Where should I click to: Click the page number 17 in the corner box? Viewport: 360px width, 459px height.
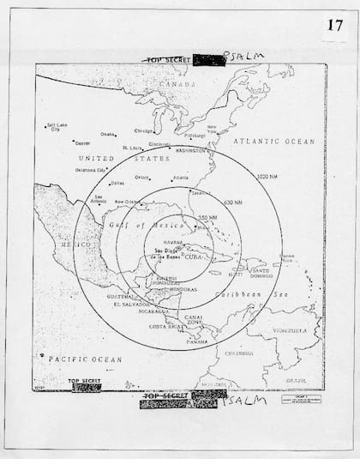tap(333, 24)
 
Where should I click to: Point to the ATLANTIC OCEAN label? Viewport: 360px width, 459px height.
tap(275, 141)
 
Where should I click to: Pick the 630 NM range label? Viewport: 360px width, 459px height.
tap(233, 202)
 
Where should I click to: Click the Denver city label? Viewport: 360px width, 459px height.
tap(82, 142)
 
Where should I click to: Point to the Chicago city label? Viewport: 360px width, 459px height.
tap(143, 130)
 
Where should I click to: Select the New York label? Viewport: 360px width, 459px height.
tap(211, 130)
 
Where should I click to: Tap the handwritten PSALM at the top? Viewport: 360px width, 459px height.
tap(243, 55)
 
